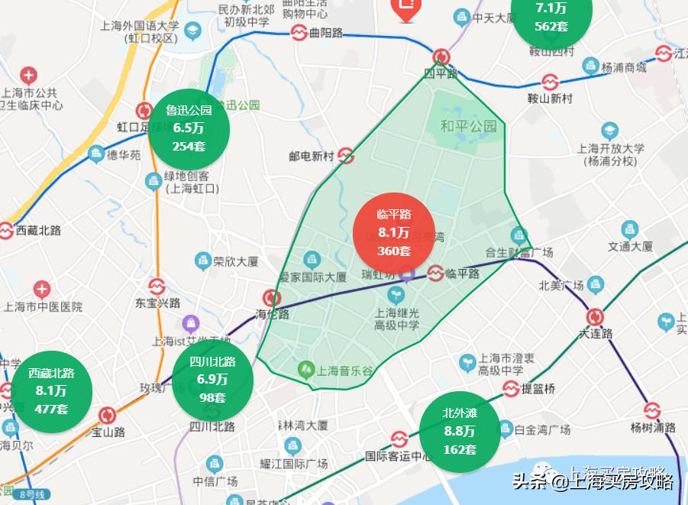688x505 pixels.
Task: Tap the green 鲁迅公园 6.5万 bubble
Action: pyautogui.click(x=189, y=128)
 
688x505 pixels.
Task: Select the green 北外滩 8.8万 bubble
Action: pyautogui.click(x=460, y=431)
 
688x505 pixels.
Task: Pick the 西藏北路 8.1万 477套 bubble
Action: pyautogui.click(x=51, y=390)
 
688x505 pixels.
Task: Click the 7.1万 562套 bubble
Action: pyautogui.click(x=551, y=17)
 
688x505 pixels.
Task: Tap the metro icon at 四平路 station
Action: pyautogui.click(x=441, y=57)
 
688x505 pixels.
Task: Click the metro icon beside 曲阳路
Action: pyautogui.click(x=299, y=33)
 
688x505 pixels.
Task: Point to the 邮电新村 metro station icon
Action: pyautogui.click(x=345, y=156)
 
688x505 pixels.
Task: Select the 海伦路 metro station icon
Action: pyautogui.click(x=271, y=298)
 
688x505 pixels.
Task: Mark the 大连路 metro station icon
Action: pyautogui.click(x=596, y=317)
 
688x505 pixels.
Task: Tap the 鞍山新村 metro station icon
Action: pyautogui.click(x=550, y=82)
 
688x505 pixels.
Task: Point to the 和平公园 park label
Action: pyautogui.click(x=468, y=126)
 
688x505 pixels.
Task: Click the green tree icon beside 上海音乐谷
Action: pyautogui.click(x=306, y=370)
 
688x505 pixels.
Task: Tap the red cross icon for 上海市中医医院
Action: pyautogui.click(x=41, y=290)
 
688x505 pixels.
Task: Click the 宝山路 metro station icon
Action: pyautogui.click(x=107, y=416)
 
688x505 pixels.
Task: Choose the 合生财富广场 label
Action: pyautogui.click(x=519, y=252)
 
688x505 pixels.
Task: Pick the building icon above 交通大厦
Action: pyautogui.click(x=629, y=229)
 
